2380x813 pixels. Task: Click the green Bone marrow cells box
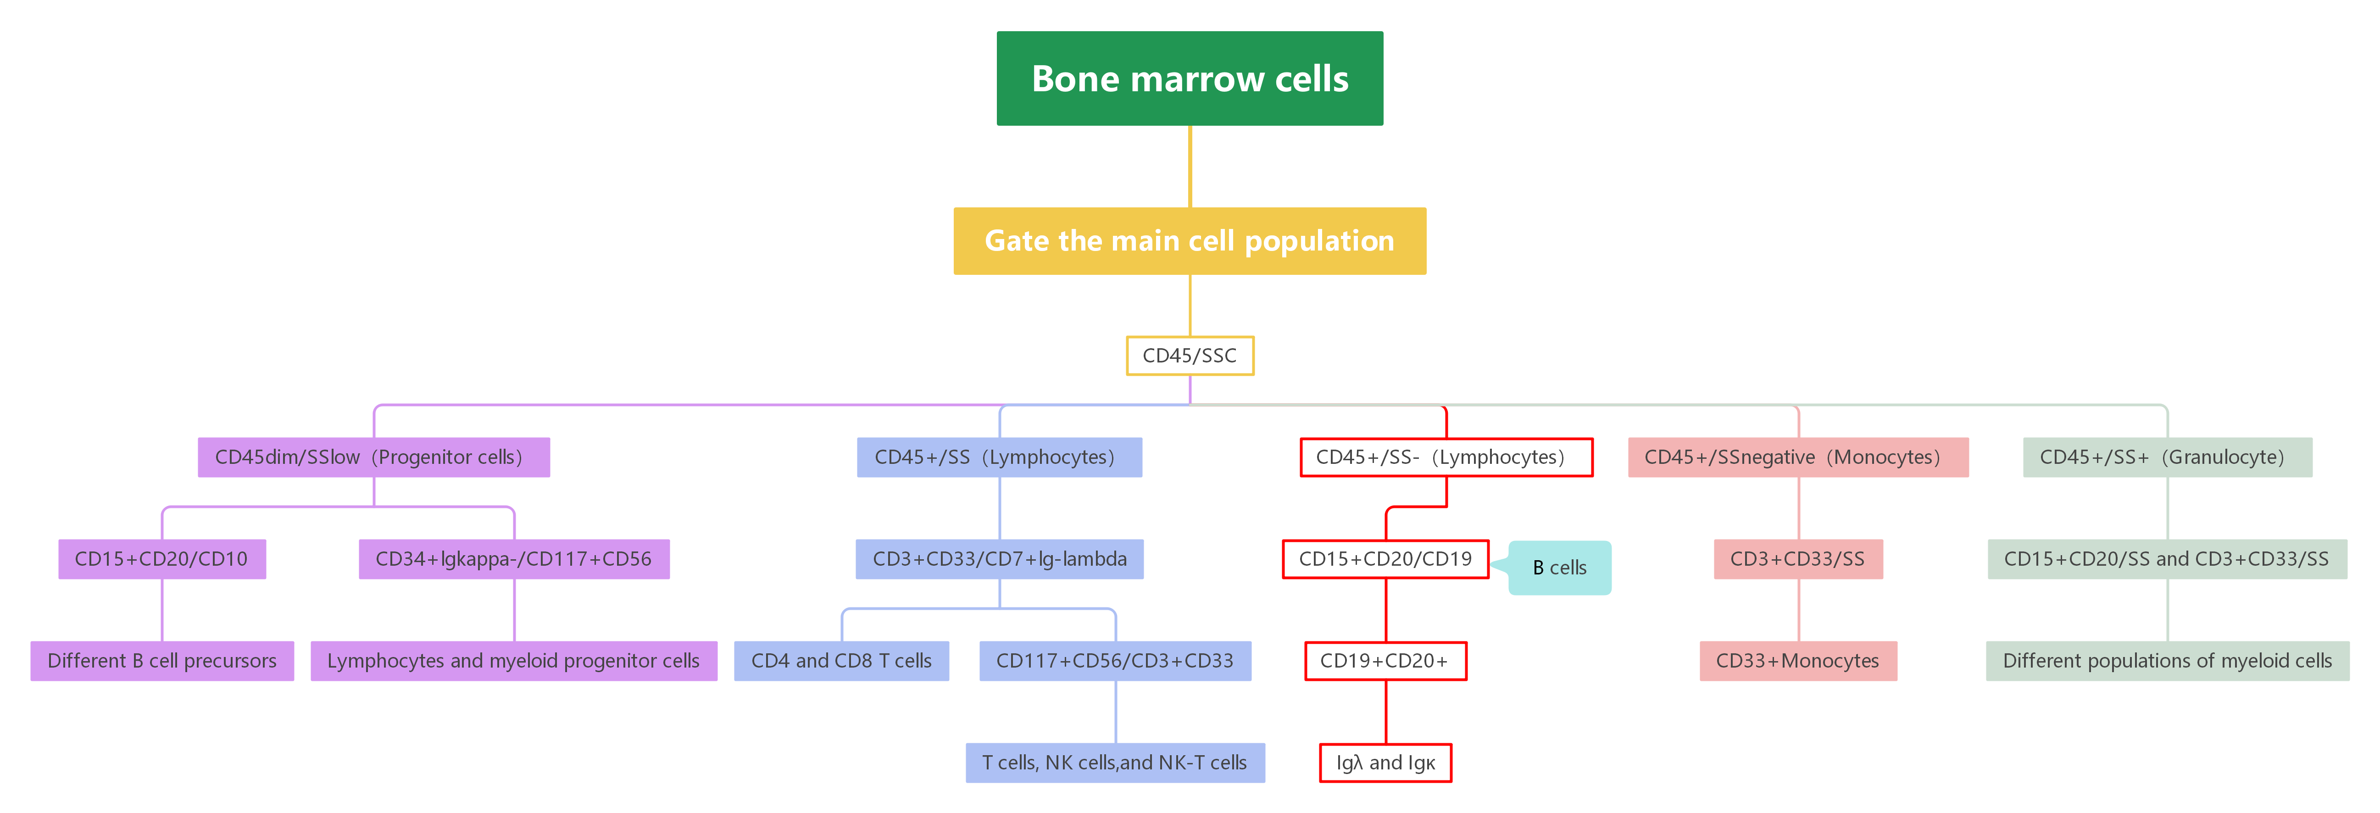[x=1189, y=78]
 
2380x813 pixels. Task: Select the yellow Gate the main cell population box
[x=1189, y=240]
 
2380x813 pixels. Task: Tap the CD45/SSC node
[x=1189, y=356]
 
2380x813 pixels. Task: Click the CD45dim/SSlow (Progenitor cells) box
[x=373, y=457]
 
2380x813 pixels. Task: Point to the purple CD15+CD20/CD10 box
[x=161, y=559]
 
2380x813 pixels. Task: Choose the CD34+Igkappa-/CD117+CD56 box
[x=514, y=559]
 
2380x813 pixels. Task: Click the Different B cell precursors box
[x=161, y=661]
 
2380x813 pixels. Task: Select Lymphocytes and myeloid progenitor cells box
[x=514, y=661]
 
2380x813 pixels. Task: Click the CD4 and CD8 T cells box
[x=841, y=661]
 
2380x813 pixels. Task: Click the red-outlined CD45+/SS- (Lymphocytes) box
[x=1446, y=457]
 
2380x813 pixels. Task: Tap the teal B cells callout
[x=1560, y=567]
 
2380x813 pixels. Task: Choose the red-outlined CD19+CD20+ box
[x=1385, y=661]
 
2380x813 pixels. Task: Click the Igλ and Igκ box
[x=1385, y=762]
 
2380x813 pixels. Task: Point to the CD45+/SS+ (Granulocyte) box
[x=2167, y=457]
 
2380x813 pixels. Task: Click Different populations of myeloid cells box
[x=2167, y=661]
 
